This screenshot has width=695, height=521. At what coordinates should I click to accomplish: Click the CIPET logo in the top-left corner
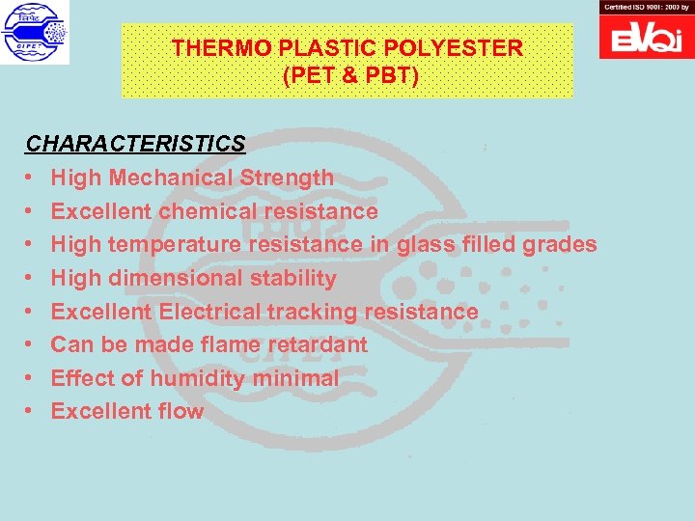35,33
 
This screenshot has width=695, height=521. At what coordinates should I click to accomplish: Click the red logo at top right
646,36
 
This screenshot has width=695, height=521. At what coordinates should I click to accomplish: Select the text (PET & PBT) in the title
351,75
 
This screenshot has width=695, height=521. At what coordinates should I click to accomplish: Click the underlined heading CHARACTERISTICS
135,144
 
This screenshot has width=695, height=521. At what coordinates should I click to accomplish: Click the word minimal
295,378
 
